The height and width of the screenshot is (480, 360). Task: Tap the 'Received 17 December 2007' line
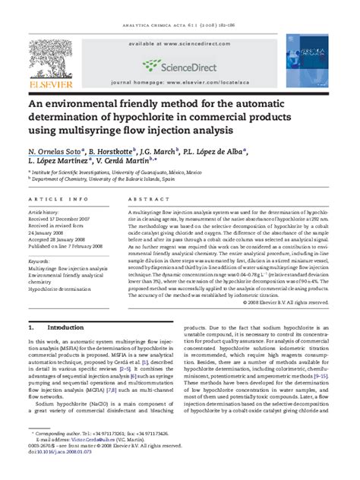tap(65, 219)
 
